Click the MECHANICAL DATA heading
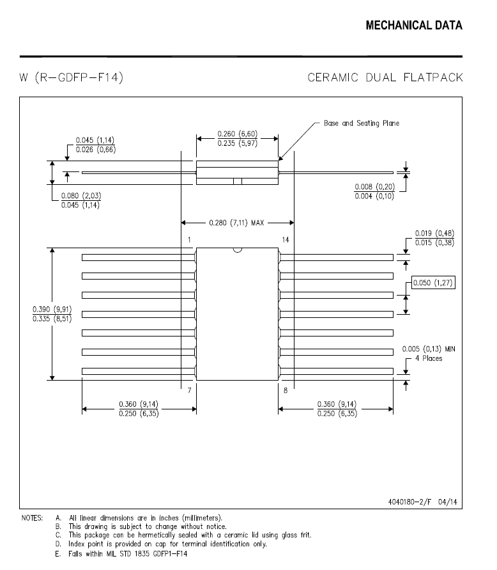pyautogui.click(x=414, y=26)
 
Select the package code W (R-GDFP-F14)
pyautogui.click(x=71, y=77)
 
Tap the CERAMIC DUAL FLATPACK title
pyautogui.click(x=385, y=77)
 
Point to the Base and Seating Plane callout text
pyautogui.click(x=361, y=123)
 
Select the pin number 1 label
pyautogui.click(x=189, y=240)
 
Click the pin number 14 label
pyautogui.click(x=286, y=240)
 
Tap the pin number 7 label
pyautogui.click(x=189, y=390)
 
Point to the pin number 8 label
pyautogui.click(x=286, y=390)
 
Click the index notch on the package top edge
pyautogui.click(x=238, y=250)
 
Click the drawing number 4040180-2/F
pyautogui.click(x=409, y=502)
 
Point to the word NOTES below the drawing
pyautogui.click(x=32, y=518)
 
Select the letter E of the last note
pyautogui.click(x=57, y=554)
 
